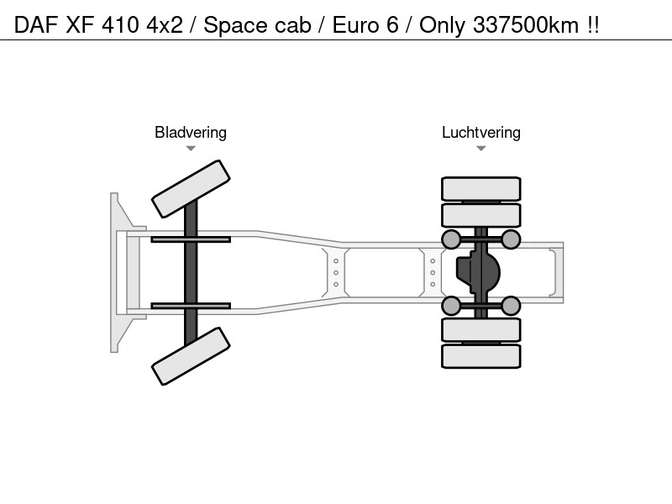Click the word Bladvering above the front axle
[x=191, y=133]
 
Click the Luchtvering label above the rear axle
[x=480, y=133]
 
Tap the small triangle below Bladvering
[x=191, y=149]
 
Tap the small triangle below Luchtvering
[x=480, y=149]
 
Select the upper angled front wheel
[x=191, y=189]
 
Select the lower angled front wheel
[x=191, y=356]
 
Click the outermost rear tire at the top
[x=480, y=188]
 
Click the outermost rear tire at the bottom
[x=480, y=356]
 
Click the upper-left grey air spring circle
[x=451, y=239]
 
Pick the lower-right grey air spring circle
[x=511, y=306]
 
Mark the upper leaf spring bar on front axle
[x=191, y=239]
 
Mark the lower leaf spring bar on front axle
[x=191, y=306]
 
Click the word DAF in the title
[x=36, y=25]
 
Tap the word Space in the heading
[x=236, y=26]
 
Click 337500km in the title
[x=526, y=25]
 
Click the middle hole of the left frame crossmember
[x=335, y=272]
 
